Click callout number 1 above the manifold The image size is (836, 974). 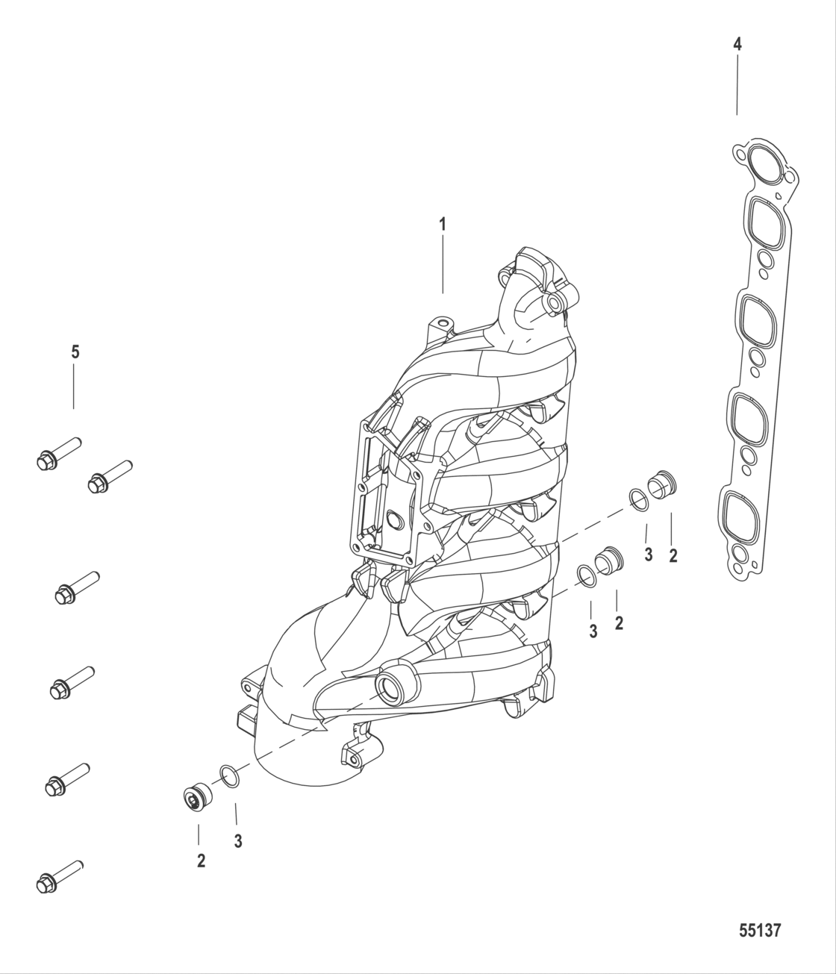tap(443, 223)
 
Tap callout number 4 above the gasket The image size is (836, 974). tap(737, 44)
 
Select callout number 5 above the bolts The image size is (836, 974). tap(75, 352)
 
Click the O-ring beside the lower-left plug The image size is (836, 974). tap(231, 776)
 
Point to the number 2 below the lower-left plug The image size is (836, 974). tap(200, 861)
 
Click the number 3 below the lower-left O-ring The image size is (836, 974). tap(237, 841)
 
